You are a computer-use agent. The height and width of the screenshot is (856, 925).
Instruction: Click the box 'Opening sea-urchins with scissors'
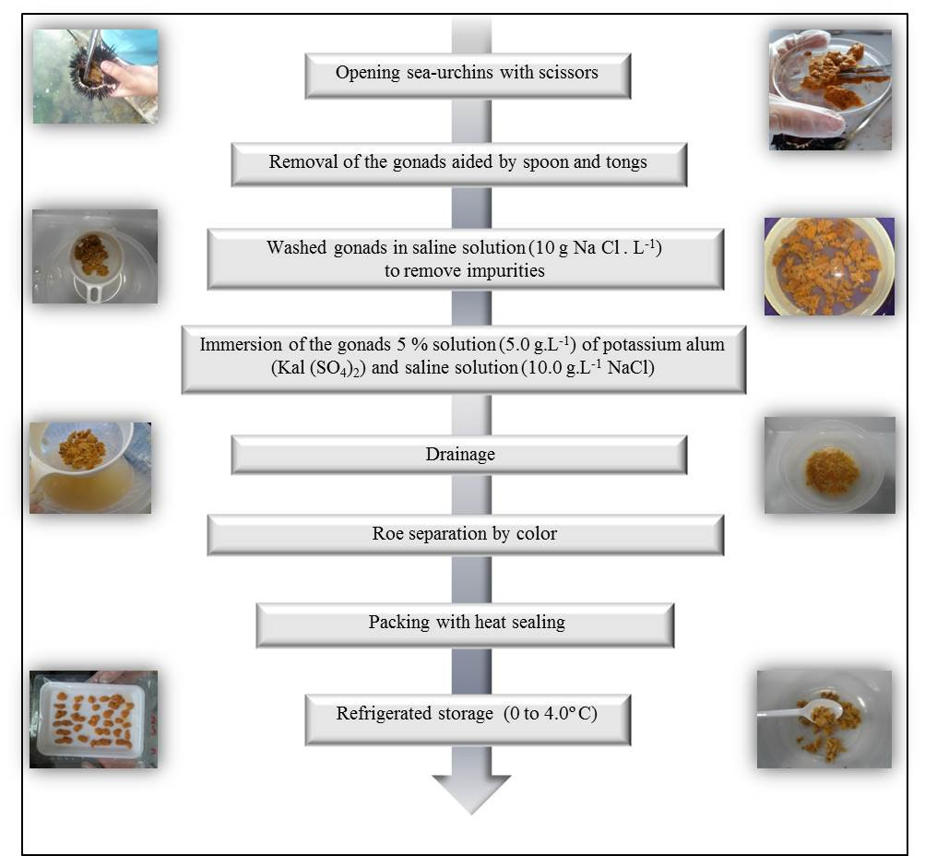tap(468, 74)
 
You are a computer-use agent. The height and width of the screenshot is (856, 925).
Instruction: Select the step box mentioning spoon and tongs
tap(458, 163)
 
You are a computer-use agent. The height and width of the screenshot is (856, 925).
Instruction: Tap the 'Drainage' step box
tap(458, 454)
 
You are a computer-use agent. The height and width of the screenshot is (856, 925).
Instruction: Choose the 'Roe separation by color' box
tap(465, 534)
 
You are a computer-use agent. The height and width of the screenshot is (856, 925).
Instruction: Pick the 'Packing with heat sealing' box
tap(465, 623)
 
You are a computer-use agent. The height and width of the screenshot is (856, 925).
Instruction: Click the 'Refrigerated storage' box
tap(468, 713)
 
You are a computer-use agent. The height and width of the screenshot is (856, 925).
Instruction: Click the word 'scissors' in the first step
tap(566, 72)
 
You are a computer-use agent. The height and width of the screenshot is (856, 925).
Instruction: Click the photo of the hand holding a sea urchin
tap(95, 76)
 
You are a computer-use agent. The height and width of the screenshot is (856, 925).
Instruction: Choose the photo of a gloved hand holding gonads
tap(830, 89)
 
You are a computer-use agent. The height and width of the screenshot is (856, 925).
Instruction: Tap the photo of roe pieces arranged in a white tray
tap(93, 719)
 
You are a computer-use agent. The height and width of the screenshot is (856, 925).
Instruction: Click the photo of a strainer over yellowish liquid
tap(89, 467)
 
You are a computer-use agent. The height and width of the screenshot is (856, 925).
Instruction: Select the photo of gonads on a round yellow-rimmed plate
tap(828, 267)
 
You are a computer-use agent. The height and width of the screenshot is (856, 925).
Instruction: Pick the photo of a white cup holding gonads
tap(94, 256)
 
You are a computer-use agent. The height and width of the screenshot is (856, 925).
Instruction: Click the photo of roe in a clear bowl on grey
tap(829, 465)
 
